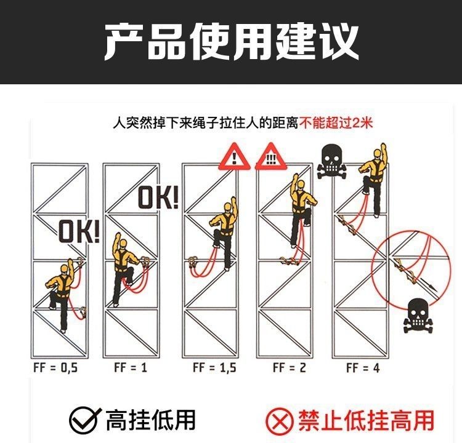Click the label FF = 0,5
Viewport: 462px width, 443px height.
[55, 368]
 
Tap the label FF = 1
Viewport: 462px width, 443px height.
[130, 367]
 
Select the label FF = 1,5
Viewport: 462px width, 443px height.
[214, 368]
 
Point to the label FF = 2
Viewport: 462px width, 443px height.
[290, 368]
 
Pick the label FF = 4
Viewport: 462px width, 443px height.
[363, 368]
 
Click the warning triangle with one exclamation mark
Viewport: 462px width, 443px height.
[234, 157]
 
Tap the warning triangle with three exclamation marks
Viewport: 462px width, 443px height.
[271, 157]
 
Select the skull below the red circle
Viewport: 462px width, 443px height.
[418, 316]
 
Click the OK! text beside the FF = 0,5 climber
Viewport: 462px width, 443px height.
[79, 232]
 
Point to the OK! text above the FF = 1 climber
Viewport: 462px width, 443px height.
[158, 198]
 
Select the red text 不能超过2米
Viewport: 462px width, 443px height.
[336, 123]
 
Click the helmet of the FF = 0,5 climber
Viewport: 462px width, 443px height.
[65, 269]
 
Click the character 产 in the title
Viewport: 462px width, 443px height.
[124, 41]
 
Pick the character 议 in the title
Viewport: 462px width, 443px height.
[338, 41]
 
